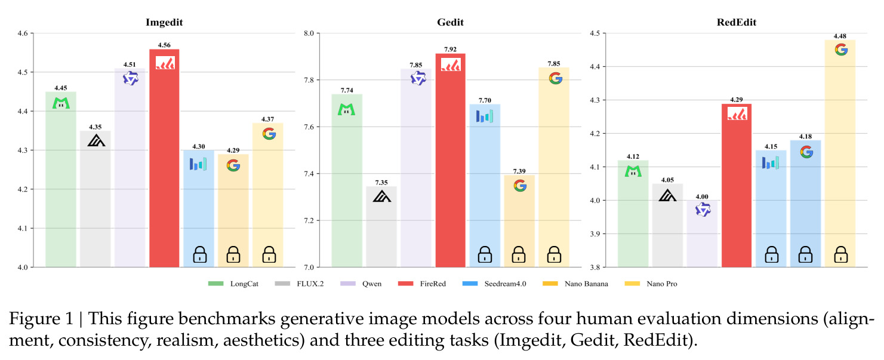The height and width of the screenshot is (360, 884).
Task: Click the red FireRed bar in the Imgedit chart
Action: tap(164, 158)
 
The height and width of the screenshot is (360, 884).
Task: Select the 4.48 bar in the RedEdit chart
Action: tap(840, 153)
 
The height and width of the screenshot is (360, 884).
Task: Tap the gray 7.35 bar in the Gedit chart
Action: tap(381, 227)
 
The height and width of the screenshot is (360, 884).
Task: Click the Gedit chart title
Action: tap(450, 22)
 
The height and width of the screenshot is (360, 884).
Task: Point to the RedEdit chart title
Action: tap(737, 22)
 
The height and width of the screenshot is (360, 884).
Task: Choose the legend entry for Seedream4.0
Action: tap(494, 284)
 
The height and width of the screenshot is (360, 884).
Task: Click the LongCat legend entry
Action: tap(233, 284)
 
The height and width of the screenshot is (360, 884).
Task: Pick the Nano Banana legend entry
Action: tap(575, 284)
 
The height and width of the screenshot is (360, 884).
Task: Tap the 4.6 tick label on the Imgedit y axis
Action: tap(23, 33)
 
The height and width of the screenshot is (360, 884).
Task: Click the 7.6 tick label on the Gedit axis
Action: tap(309, 127)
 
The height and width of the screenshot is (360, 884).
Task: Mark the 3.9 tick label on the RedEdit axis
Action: tap(595, 233)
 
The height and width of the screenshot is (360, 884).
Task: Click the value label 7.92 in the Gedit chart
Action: tap(450, 50)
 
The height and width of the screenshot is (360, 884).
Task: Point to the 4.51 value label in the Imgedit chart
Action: tap(130, 64)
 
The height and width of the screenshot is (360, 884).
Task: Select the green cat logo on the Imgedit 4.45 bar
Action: tap(61, 103)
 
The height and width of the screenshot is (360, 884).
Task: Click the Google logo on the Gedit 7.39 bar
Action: tap(520, 185)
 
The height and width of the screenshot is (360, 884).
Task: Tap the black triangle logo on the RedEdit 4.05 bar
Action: tap(667, 195)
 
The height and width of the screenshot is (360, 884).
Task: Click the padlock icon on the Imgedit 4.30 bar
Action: tap(200, 254)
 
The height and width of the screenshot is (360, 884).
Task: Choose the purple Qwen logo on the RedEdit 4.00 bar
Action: tap(703, 210)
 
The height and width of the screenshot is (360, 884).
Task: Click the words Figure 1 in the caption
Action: tap(41, 319)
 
